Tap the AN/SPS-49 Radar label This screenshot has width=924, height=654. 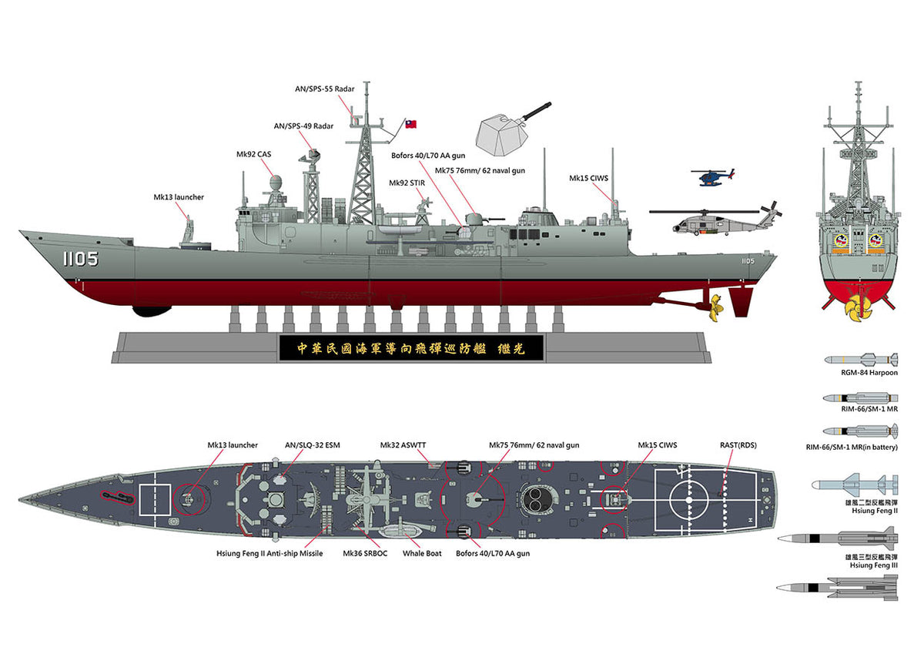coord(303,126)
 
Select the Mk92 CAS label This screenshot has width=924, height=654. coord(253,154)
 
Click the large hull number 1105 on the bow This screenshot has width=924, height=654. coord(80,259)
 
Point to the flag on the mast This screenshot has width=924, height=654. coord(410,123)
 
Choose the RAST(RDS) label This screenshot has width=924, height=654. coord(737,445)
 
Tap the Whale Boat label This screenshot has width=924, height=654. coord(422,553)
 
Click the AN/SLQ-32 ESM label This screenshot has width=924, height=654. coord(312,445)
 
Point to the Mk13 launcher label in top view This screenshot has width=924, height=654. coord(233,445)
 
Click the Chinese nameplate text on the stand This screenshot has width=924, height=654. coord(410,348)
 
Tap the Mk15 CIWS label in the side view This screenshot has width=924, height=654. coord(588,178)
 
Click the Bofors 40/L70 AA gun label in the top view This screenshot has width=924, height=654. coord(493,553)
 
